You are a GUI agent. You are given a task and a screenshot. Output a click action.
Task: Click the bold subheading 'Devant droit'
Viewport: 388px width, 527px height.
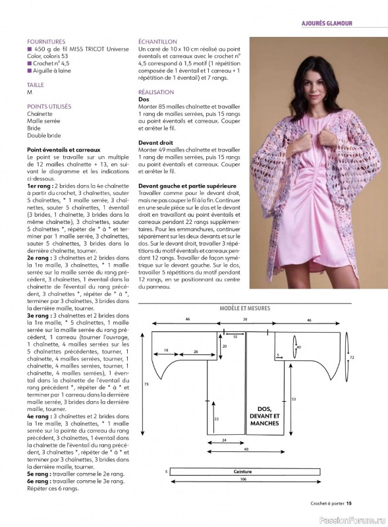tap(157, 142)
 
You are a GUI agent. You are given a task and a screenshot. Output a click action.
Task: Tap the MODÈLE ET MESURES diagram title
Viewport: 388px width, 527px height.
tap(244, 308)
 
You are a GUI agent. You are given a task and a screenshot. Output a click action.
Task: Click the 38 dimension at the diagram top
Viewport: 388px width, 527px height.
tap(245, 319)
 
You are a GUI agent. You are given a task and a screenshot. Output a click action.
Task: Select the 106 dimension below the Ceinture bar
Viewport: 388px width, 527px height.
tap(244, 479)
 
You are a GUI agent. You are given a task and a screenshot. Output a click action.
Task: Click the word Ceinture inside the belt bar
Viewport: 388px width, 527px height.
tap(243, 472)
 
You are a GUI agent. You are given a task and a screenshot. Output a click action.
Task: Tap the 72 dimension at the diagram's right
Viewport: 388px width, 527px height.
tap(351, 357)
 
